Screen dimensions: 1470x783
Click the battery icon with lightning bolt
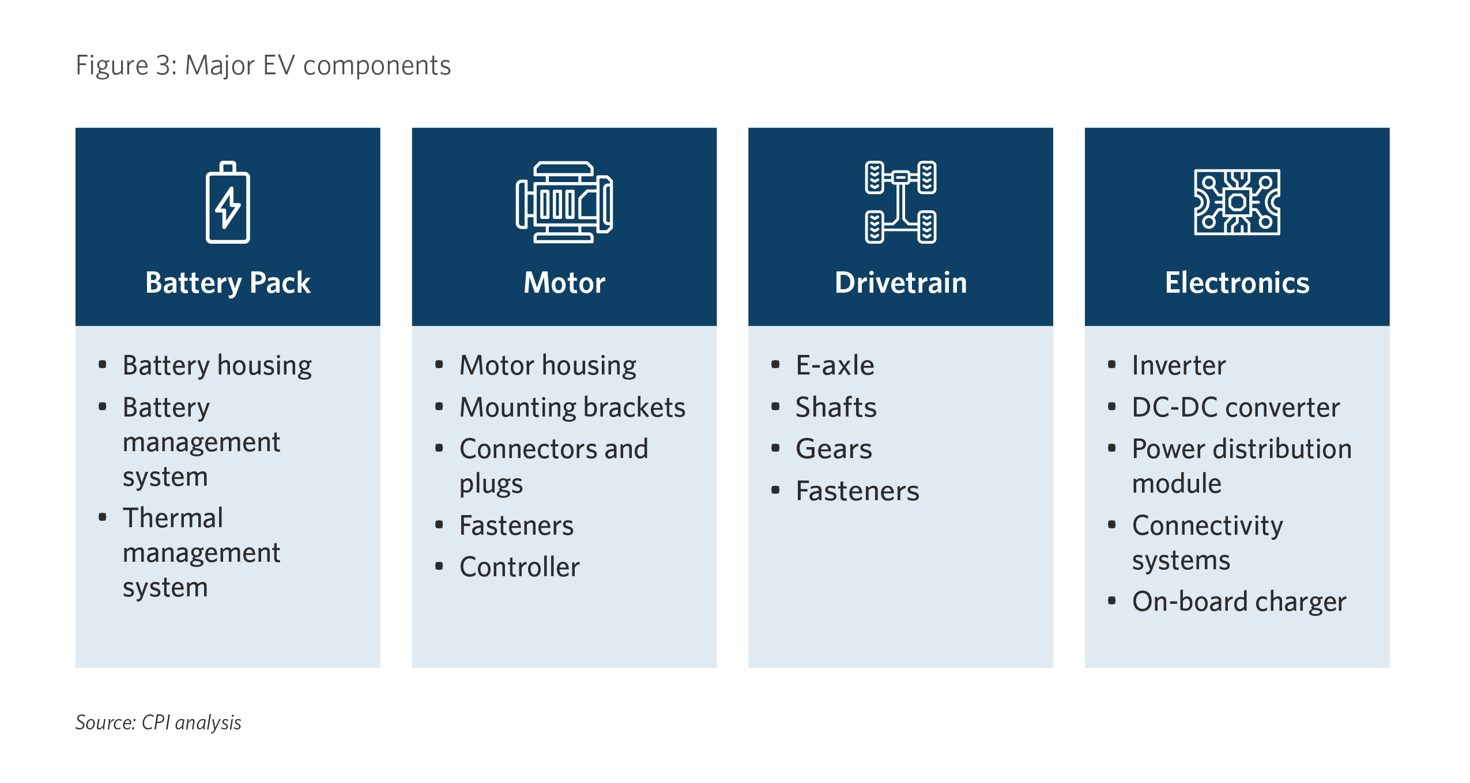coord(228,202)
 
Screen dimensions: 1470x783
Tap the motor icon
coord(564,202)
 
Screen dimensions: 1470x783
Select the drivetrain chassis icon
coord(900,202)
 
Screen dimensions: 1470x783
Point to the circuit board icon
coord(1237,202)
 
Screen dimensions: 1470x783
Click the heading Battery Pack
coord(228,283)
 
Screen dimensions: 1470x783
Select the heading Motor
coord(564,283)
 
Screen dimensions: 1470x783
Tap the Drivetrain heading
coord(900,283)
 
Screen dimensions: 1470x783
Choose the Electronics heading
coord(1237,283)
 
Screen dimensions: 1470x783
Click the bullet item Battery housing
coord(217,366)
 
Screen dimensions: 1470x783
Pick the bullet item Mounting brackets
coord(572,407)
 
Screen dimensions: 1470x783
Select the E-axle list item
coord(835,365)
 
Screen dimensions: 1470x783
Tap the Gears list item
coord(834,449)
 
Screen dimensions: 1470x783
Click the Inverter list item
coord(1179,365)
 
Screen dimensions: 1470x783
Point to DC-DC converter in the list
coord(1236,407)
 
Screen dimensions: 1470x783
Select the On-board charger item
coord(1239,602)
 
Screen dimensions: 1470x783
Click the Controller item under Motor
coord(519,567)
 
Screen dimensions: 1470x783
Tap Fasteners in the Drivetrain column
coord(858,491)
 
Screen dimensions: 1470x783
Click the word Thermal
coord(173,518)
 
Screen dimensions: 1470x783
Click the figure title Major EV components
coord(318,66)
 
